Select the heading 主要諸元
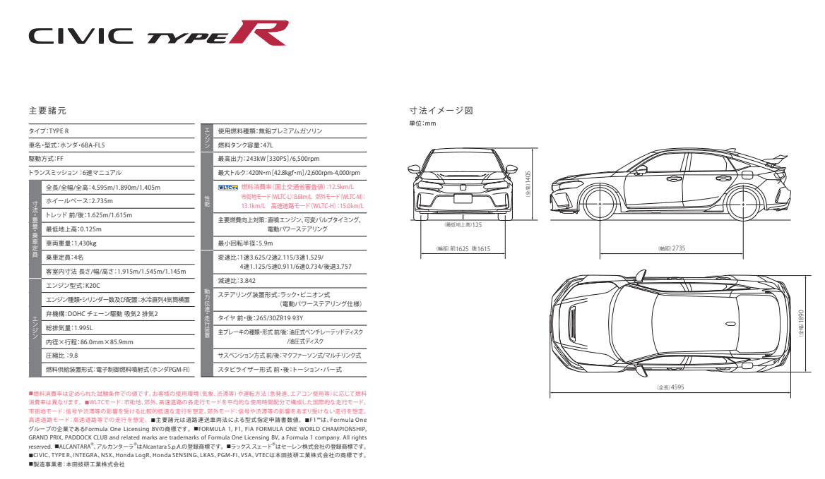pos(47,111)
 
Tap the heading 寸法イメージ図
pos(440,111)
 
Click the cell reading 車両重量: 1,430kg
pos(71,243)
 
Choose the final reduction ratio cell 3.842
pos(237,281)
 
